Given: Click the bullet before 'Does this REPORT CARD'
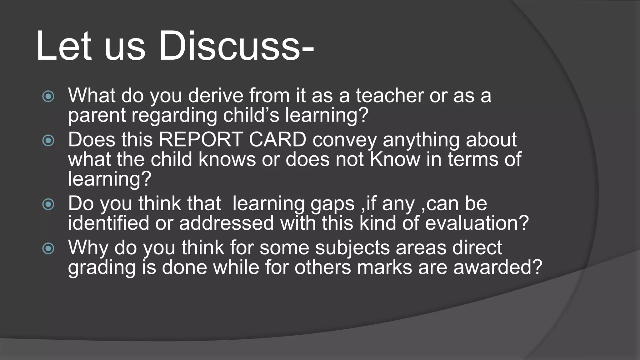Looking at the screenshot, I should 48,140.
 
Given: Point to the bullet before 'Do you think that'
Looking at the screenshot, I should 48,205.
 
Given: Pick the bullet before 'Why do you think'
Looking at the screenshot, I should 48,249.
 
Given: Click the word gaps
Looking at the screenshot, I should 332,204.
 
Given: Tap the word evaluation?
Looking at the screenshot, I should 477,223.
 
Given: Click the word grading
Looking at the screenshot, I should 102,268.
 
